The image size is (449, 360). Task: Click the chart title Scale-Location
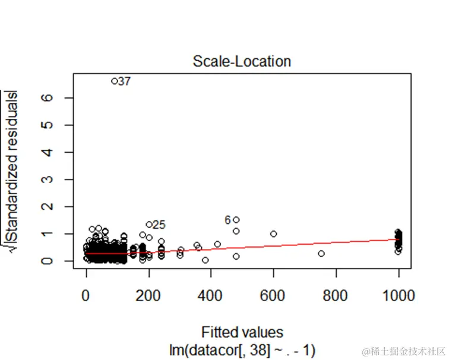click(x=242, y=62)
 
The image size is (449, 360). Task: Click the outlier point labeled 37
click(x=114, y=81)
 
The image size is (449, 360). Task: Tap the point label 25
click(x=159, y=225)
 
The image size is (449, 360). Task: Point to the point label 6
click(x=227, y=220)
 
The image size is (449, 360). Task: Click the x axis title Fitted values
click(x=242, y=331)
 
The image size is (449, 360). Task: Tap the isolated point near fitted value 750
click(x=321, y=254)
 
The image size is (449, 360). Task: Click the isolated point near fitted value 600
click(x=274, y=234)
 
